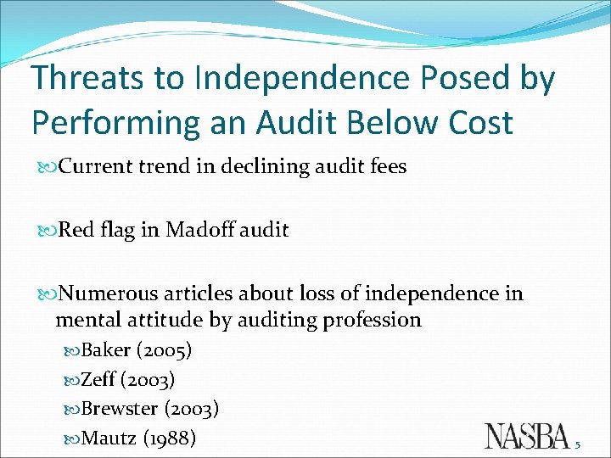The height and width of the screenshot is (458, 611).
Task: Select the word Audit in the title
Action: tap(293, 122)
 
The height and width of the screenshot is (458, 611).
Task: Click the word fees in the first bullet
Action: tap(388, 167)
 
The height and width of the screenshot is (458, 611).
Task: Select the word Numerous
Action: tap(109, 294)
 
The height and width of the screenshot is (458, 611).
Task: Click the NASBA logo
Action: tap(527, 435)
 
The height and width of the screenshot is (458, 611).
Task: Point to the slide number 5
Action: tap(577, 444)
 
